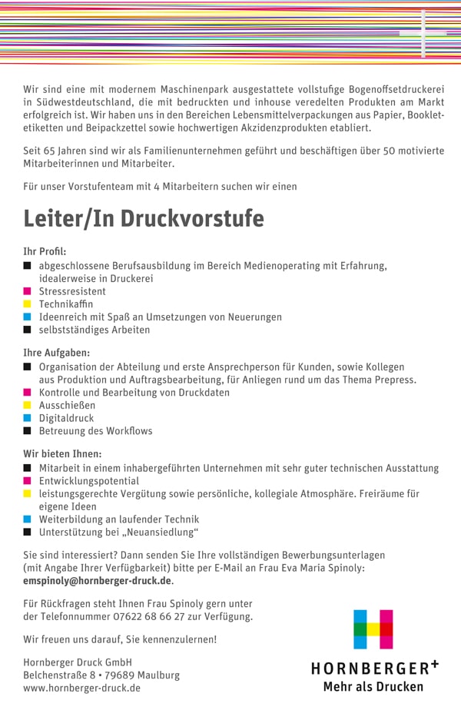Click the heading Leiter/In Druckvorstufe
tap(143, 218)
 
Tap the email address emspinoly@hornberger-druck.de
tap(97, 581)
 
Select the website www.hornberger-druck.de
tap(81, 688)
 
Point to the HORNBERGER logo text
tap(375, 668)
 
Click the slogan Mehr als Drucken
tap(373, 686)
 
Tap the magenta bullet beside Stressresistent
tap(28, 291)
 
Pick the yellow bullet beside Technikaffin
tap(28, 304)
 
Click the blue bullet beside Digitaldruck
tap(28, 418)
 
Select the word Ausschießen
tap(67, 405)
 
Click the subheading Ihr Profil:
tap(45, 251)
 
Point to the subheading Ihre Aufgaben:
tap(57, 353)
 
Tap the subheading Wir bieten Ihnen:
tap(62, 453)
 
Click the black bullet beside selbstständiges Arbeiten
tap(28, 330)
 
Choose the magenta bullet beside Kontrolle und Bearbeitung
tap(28, 393)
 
